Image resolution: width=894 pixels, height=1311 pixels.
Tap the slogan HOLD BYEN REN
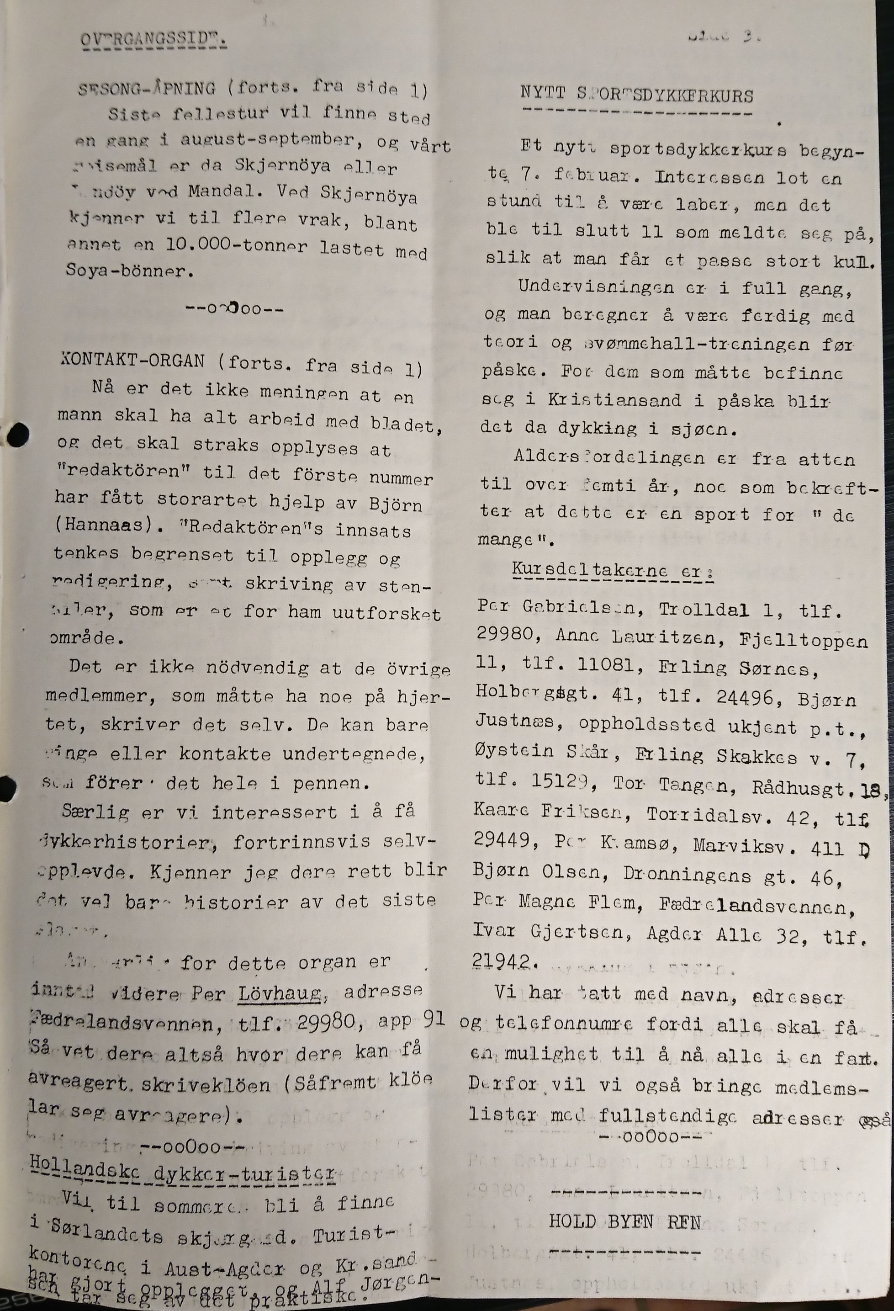[624, 1222]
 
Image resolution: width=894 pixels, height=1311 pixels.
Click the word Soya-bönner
[129, 271]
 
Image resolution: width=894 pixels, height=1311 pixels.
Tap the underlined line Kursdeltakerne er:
[613, 570]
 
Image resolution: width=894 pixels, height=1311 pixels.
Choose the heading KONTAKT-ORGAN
[132, 361]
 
